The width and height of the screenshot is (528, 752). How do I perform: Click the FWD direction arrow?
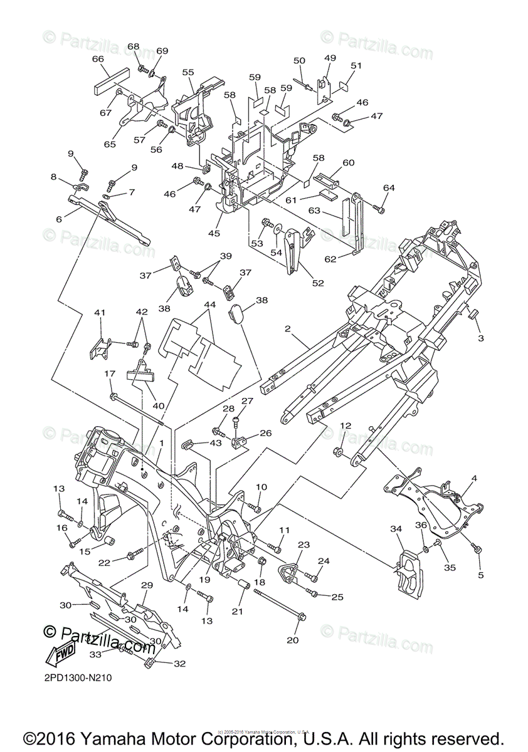click(60, 654)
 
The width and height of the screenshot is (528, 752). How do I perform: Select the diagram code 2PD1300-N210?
click(78, 677)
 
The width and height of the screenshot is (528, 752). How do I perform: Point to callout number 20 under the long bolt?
click(293, 640)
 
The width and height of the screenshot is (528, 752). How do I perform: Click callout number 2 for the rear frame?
click(288, 328)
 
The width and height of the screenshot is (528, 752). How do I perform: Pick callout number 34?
click(396, 530)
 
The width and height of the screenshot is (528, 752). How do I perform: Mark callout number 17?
click(110, 374)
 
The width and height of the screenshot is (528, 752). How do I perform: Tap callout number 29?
click(147, 585)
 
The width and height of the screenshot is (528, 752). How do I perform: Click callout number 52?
click(318, 283)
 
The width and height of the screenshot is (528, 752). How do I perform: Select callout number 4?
click(474, 479)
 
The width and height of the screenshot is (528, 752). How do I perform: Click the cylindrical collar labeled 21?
click(241, 592)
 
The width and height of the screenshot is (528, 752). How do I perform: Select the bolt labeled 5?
click(478, 549)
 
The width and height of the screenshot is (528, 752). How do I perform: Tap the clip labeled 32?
click(151, 661)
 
